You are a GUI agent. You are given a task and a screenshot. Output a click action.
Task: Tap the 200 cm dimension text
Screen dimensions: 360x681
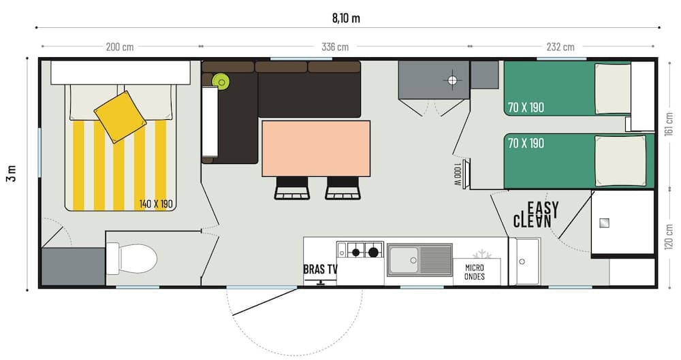[120, 47]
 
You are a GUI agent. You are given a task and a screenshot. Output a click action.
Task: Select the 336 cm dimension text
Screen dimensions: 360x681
[334, 47]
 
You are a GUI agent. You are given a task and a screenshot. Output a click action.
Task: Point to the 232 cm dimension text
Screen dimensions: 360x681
[560, 47]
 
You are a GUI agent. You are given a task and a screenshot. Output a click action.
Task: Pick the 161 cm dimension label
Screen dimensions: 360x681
[669, 125]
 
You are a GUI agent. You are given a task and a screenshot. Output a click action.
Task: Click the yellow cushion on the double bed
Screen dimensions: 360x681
[120, 116]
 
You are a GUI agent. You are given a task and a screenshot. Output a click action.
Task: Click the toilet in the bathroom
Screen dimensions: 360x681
[138, 259]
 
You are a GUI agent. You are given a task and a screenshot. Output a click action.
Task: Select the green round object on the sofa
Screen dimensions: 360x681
[221, 82]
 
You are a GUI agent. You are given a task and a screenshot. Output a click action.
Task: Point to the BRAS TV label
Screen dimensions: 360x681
[320, 269]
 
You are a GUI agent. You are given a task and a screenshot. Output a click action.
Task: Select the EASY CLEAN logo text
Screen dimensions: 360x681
[537, 214]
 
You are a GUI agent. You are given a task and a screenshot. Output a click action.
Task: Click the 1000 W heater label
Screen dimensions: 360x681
[457, 175]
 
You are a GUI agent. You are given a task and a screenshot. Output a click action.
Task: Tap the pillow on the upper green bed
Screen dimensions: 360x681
[612, 88]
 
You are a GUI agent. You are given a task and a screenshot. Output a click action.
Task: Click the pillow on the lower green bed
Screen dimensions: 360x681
[620, 160]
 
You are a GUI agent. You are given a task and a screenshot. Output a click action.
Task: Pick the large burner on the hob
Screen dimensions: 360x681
[373, 252]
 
